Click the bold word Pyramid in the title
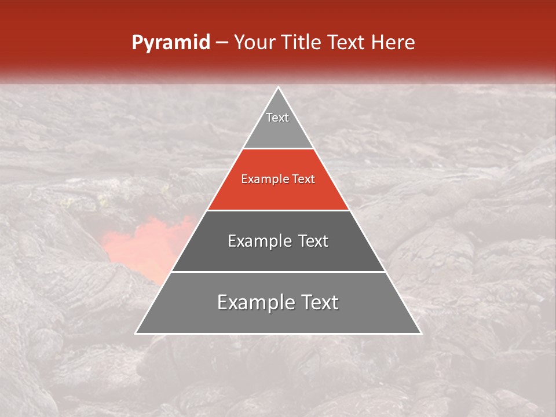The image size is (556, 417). pos(170,43)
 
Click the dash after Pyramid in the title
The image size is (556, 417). pos(221,43)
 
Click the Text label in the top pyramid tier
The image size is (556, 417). pos(277,118)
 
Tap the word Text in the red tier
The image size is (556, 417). pos(304,180)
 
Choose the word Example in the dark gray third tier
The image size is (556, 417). pos(258,241)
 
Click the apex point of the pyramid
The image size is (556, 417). pos(278,87)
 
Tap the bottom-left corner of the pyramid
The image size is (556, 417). pos(136,333)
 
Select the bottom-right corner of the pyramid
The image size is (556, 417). pos(420,333)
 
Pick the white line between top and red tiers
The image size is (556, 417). pos(278,149)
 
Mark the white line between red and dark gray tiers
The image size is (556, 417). pos(278,210)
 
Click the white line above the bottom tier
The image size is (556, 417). pos(278,272)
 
